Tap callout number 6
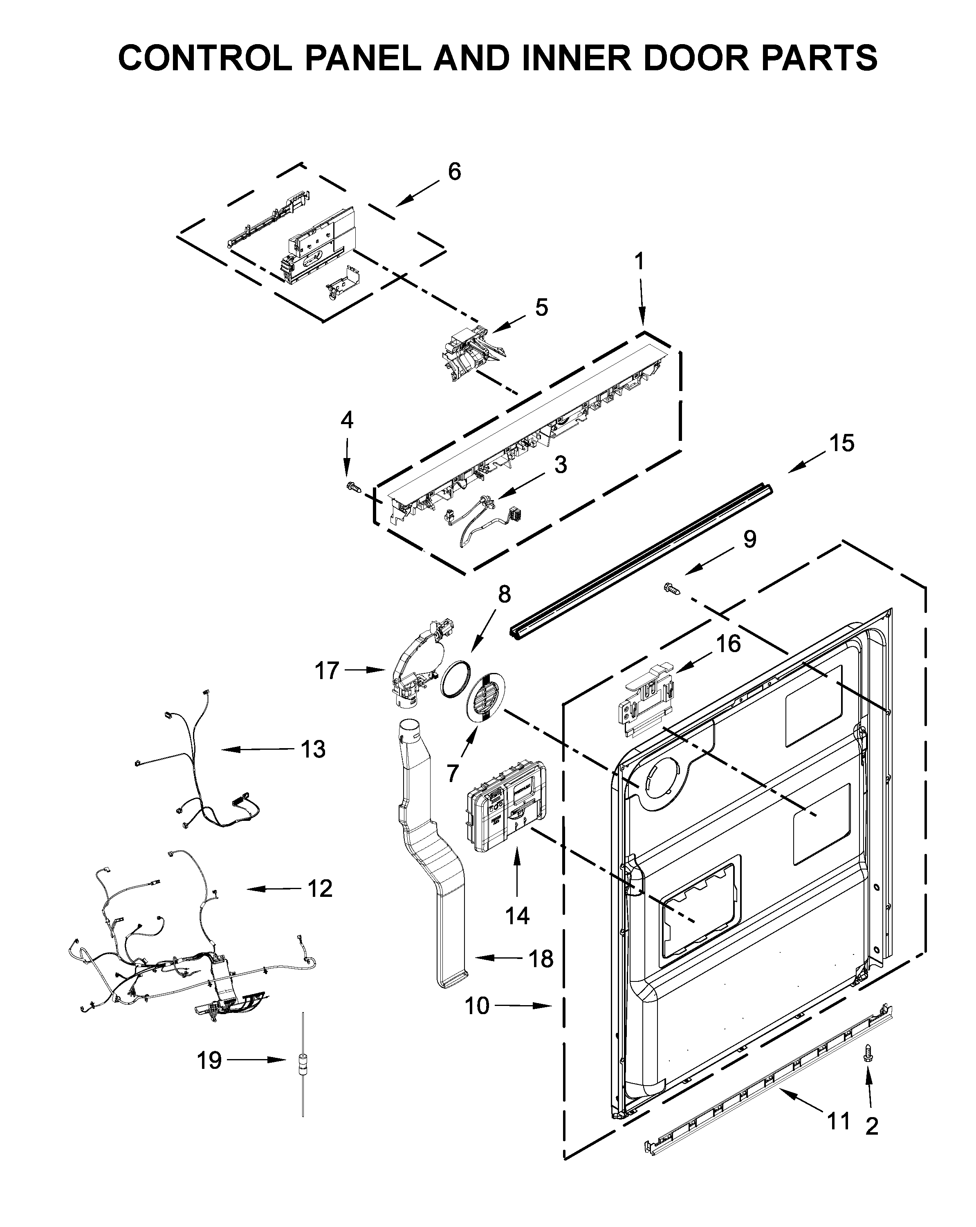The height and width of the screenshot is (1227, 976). [454, 171]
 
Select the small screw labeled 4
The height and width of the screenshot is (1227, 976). [353, 487]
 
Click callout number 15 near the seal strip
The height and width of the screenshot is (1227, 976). [841, 443]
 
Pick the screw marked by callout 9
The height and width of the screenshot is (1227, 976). [672, 589]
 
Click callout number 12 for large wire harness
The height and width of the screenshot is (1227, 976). [319, 888]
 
